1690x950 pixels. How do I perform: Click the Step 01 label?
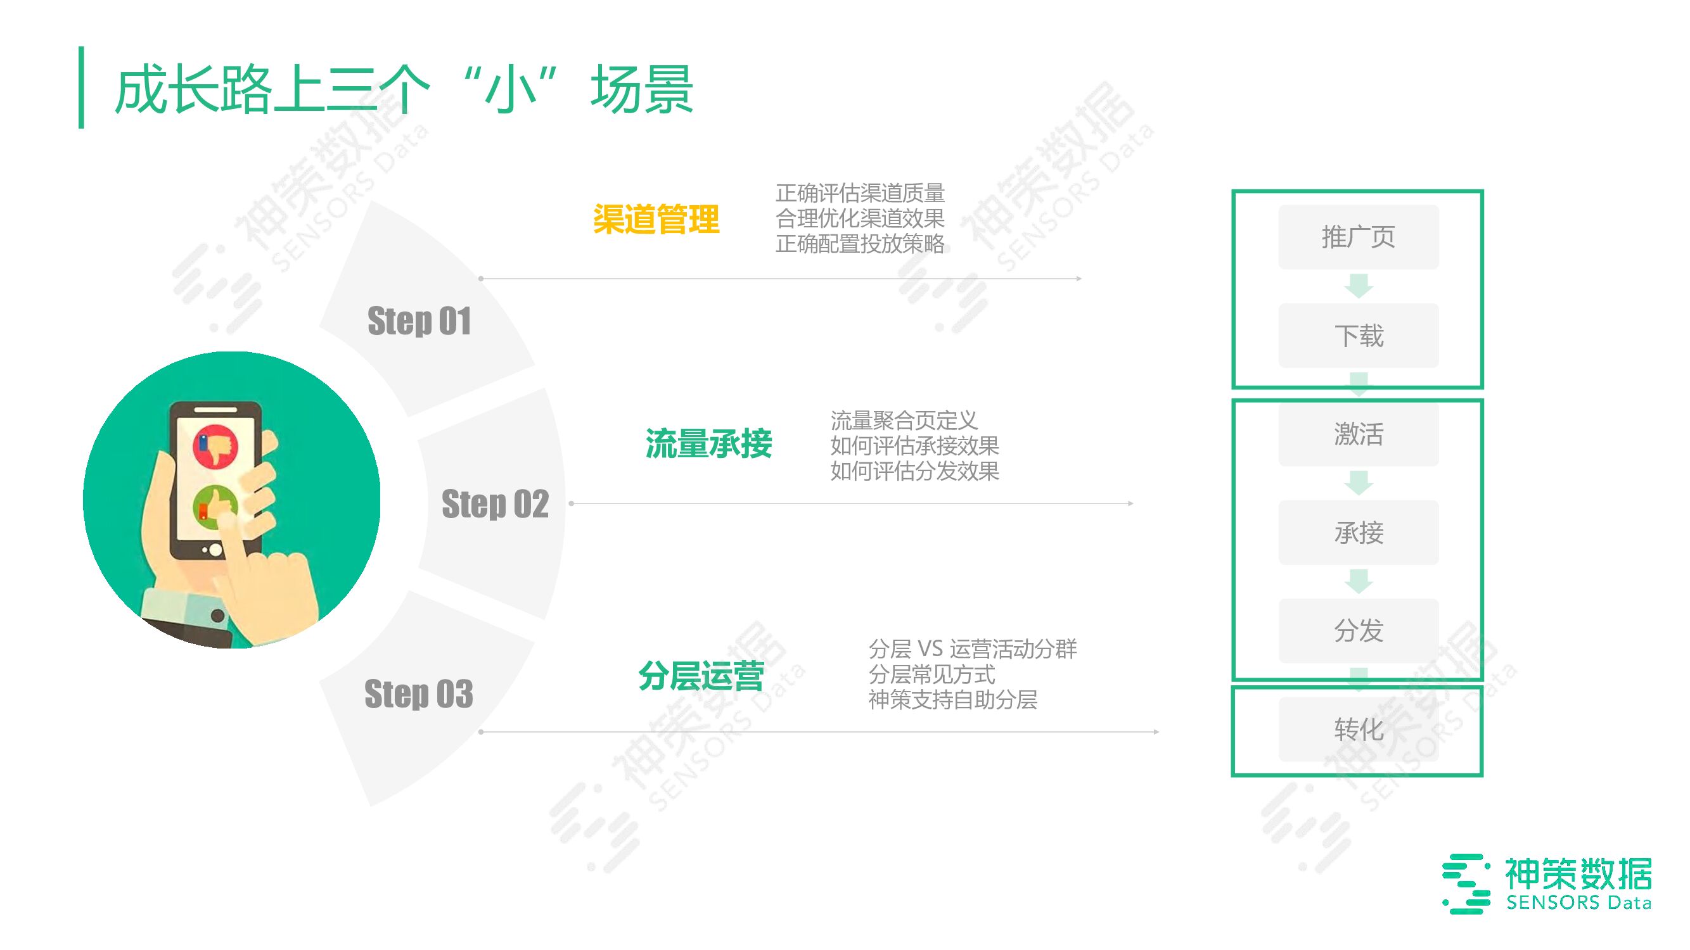point(419,321)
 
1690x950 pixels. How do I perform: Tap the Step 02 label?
point(495,504)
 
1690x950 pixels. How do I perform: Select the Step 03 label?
point(419,693)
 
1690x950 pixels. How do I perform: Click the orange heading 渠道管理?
point(655,219)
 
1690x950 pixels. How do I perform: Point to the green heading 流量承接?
point(708,444)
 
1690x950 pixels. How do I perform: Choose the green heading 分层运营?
point(701,676)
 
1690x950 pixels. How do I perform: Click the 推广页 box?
point(1358,237)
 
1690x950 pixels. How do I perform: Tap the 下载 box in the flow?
point(1358,336)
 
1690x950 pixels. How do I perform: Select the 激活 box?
point(1358,434)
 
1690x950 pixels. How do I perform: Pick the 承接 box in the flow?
point(1358,533)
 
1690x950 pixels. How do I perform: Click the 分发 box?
point(1358,631)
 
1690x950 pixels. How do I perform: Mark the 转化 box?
point(1358,729)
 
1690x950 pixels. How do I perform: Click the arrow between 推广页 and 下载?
point(1358,286)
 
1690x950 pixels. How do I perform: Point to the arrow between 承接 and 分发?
point(1358,581)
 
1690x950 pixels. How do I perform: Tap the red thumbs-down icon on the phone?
point(215,446)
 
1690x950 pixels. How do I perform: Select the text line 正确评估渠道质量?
point(859,193)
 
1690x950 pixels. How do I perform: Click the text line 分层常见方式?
point(931,674)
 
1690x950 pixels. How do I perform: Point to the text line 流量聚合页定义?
point(904,421)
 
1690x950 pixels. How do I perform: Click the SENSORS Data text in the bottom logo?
point(1578,902)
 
